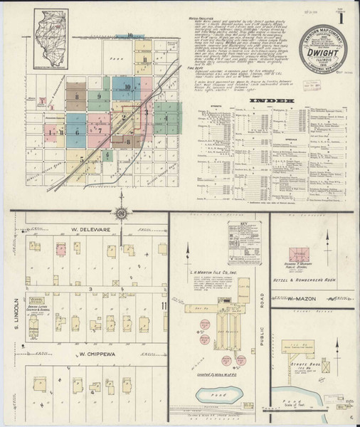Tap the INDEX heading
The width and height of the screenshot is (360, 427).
pyautogui.click(x=272, y=102)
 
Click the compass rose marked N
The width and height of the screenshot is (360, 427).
pyautogui.click(x=122, y=215)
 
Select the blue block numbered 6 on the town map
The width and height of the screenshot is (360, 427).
pyautogui.click(x=76, y=131)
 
